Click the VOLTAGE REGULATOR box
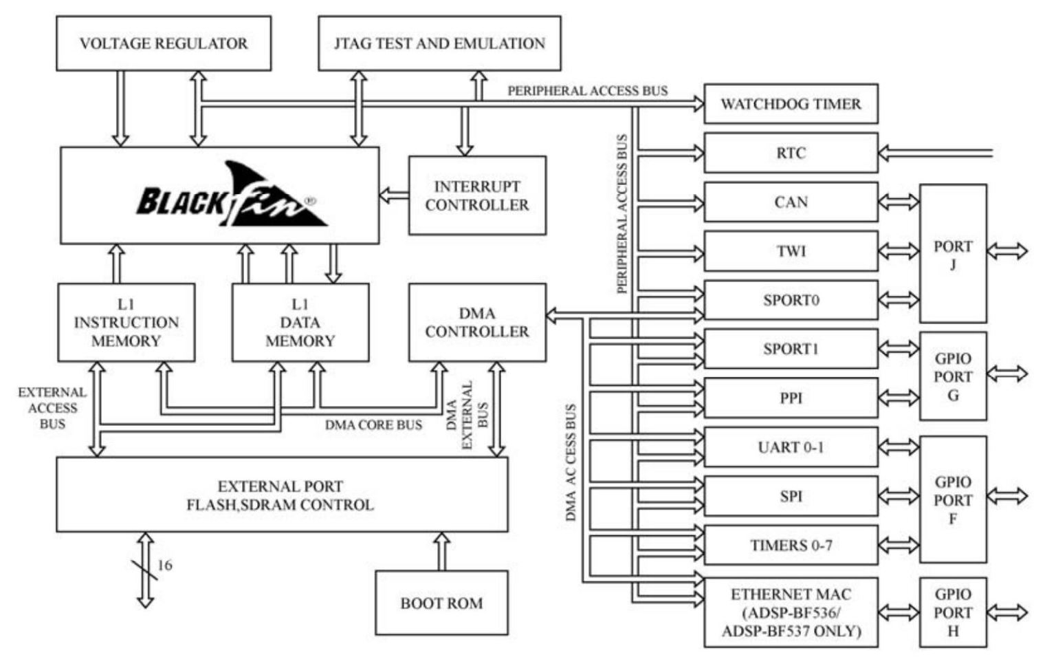[x=164, y=43]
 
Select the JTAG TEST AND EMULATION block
[x=439, y=43]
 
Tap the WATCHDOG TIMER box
[x=791, y=104]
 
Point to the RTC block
[x=791, y=153]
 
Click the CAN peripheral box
[x=791, y=202]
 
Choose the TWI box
[x=791, y=251]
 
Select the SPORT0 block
[x=791, y=300]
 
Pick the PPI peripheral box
[x=791, y=398]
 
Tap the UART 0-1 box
[x=791, y=447]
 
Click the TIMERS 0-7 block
[x=791, y=545]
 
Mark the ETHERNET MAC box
[x=791, y=612]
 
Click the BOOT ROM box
[x=441, y=603]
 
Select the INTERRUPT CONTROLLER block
[x=477, y=195]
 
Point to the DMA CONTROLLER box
[x=477, y=322]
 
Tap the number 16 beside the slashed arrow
[x=165, y=565]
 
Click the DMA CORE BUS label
[x=373, y=425]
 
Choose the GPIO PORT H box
[x=953, y=612]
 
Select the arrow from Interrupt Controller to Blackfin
[x=394, y=195]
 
